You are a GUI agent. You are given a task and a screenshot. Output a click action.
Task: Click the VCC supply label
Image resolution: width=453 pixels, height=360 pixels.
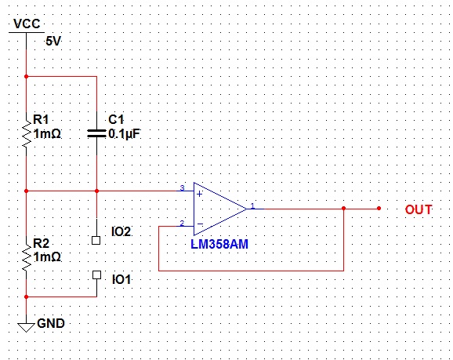coord(27,24)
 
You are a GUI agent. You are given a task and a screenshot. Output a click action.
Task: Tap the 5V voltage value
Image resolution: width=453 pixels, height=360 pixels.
coord(53,42)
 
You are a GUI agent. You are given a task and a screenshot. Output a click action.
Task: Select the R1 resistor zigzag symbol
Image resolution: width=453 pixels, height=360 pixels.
coord(27,133)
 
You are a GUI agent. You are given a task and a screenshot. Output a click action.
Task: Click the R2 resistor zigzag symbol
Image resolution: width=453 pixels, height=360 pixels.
coord(27,256)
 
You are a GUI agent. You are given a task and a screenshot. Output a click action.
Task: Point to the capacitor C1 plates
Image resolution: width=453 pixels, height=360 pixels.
coord(96,133)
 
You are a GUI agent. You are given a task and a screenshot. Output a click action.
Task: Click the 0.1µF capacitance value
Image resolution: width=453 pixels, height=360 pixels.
coord(125,134)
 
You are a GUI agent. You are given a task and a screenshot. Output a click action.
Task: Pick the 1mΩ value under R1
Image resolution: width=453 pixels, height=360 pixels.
coord(47,134)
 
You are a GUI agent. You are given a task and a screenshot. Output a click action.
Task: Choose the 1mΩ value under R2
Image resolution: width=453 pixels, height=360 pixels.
coord(47,256)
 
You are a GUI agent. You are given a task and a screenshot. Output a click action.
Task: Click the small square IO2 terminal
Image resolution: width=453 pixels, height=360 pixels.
coord(96,240)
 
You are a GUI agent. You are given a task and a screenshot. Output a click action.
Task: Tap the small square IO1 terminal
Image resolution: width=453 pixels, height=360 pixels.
coord(96,275)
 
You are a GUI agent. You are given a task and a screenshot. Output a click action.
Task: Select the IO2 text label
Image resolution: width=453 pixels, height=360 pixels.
coord(121,231)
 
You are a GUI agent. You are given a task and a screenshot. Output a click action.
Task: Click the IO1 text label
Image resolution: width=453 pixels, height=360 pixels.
coord(121,280)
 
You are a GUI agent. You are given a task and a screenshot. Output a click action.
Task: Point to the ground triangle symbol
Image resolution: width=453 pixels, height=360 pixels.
coord(26,328)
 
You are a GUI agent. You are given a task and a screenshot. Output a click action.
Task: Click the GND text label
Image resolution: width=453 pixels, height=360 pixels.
coord(51,323)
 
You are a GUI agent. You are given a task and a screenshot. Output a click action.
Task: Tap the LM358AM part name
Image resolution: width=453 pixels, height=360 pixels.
coord(219,245)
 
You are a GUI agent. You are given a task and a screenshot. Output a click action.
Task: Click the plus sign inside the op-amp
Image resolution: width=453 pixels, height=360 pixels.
coord(199,194)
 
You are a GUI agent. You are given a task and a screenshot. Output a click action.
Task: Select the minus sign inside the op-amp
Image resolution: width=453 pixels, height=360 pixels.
coord(200,224)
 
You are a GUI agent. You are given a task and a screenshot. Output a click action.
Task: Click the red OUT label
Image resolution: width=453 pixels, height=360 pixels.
coord(419,209)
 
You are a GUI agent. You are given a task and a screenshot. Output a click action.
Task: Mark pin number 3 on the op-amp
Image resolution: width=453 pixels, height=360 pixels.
coord(182,187)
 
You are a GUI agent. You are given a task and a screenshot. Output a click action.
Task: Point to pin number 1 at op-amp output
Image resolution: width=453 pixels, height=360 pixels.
coord(252,205)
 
